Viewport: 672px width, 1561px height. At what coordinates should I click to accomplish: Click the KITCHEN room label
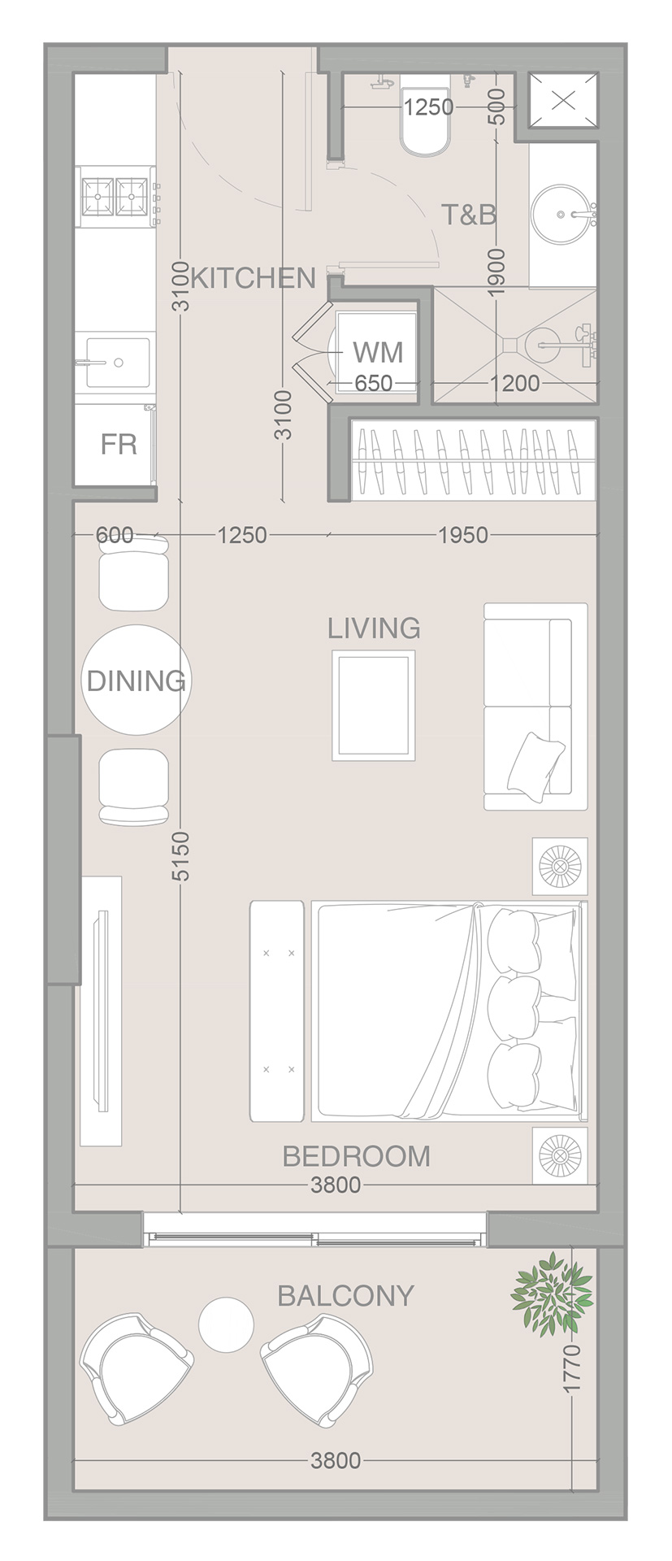click(253, 279)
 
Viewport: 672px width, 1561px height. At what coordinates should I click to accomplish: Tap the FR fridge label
click(119, 445)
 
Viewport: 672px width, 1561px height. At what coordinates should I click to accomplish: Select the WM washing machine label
click(378, 353)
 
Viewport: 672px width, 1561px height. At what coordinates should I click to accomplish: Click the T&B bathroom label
click(469, 215)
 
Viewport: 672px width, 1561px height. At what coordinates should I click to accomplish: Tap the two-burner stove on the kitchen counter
click(115, 197)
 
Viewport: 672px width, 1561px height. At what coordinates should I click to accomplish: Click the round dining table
click(137, 680)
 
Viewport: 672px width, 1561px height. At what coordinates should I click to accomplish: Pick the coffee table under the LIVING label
click(373, 705)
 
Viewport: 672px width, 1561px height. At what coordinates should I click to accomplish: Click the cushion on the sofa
click(535, 762)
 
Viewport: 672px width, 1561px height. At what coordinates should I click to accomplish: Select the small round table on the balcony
click(227, 1324)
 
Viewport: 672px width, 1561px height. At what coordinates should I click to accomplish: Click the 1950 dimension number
click(463, 535)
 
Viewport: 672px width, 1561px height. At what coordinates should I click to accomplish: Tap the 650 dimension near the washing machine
click(374, 383)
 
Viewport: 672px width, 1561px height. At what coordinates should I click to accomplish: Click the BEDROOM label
click(356, 1156)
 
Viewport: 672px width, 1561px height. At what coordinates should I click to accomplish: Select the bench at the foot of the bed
click(277, 1011)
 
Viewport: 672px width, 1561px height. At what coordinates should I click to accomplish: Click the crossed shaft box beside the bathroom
click(563, 101)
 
